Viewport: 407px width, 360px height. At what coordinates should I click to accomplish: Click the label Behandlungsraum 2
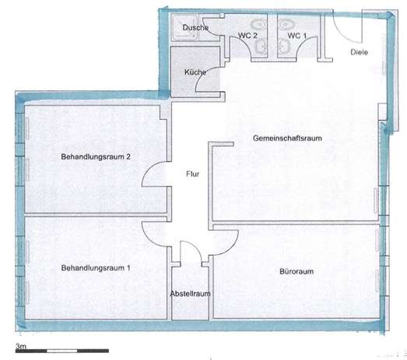tap(96, 156)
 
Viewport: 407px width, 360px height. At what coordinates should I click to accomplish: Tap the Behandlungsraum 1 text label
tap(96, 268)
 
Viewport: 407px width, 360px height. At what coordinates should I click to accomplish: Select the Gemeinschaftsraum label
tap(288, 138)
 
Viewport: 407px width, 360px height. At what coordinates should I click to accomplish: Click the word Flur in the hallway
tap(192, 174)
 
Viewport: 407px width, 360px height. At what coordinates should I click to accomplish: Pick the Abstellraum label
tap(190, 294)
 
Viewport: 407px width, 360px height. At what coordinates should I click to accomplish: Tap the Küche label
tap(194, 72)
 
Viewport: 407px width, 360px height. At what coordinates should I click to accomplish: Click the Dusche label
tap(193, 29)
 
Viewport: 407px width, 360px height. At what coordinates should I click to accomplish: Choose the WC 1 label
tap(297, 35)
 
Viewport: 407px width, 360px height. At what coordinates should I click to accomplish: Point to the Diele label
tap(359, 51)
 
